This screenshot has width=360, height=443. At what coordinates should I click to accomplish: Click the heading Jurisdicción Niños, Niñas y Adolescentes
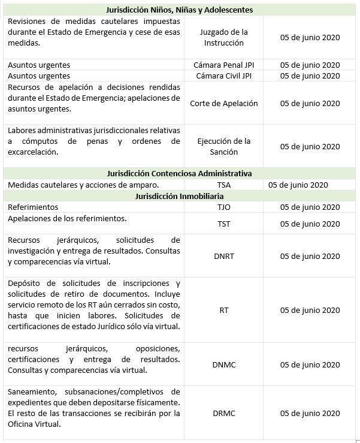[x=179, y=10]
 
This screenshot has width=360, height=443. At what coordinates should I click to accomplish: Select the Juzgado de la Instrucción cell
[x=223, y=37]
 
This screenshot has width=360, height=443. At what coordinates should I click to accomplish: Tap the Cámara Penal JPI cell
[x=223, y=65]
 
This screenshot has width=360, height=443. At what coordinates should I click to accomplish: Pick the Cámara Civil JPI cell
[x=223, y=76]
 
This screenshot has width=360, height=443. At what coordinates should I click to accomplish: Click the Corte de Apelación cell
[x=223, y=103]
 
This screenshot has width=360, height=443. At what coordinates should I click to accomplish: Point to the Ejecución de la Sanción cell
[x=223, y=146]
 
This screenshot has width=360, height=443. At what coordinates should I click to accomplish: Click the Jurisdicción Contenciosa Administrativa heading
[x=179, y=173]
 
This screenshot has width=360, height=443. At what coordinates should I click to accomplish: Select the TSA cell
[x=223, y=185]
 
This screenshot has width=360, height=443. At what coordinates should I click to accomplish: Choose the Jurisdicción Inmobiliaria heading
[x=179, y=196]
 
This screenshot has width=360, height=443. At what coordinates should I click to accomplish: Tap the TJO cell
[x=223, y=207]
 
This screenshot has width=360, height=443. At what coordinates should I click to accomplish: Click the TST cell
[x=223, y=224]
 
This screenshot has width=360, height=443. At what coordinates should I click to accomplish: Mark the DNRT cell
[x=223, y=256]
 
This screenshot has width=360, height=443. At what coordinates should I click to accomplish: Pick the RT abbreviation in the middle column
[x=223, y=310]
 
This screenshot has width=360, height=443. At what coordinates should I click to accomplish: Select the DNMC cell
[x=223, y=364]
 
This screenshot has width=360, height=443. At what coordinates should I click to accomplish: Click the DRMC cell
[x=223, y=413]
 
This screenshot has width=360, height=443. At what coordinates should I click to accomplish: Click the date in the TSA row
[x=298, y=185]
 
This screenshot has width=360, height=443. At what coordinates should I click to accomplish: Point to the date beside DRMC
[x=310, y=413]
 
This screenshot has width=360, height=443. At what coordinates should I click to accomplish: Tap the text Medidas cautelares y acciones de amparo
[x=83, y=185]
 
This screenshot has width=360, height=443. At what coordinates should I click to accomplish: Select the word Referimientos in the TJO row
[x=33, y=207]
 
